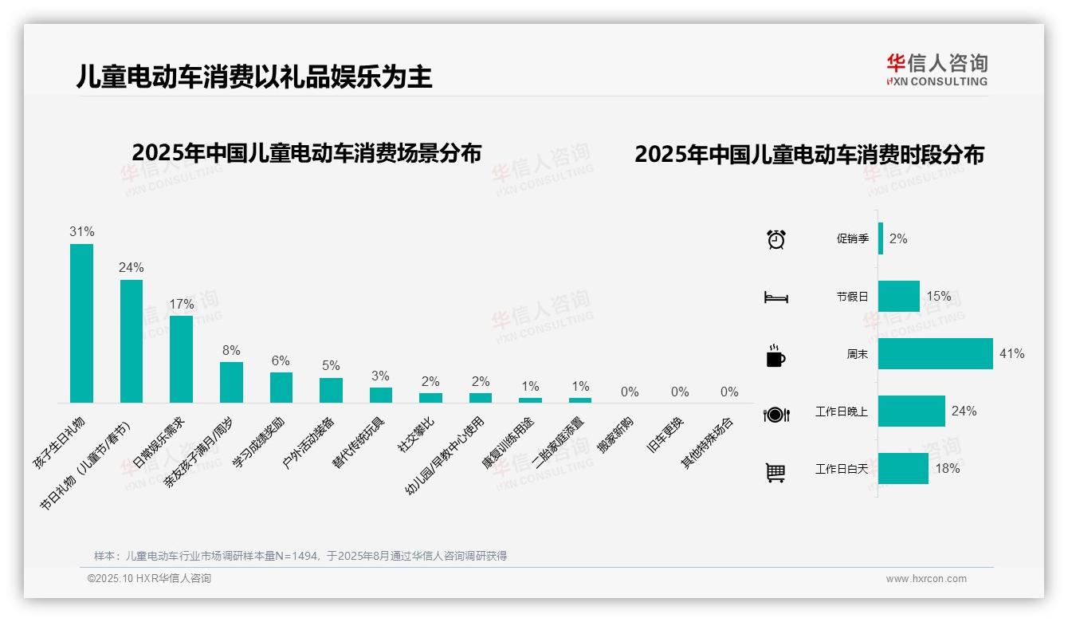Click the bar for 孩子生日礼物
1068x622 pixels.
click(x=81, y=323)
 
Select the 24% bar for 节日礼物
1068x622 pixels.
click(x=132, y=341)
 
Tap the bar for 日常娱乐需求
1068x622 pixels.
click(x=181, y=359)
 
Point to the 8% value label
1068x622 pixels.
click(x=231, y=350)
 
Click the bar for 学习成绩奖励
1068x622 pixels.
click(x=281, y=387)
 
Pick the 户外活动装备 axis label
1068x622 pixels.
click(x=310, y=442)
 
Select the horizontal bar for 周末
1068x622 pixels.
click(x=935, y=353)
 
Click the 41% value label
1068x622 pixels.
click(x=1011, y=353)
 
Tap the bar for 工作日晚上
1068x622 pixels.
click(x=911, y=411)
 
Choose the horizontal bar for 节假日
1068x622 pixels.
click(x=898, y=296)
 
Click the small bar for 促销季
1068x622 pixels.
click(x=881, y=238)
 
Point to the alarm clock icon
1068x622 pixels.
click(x=775, y=238)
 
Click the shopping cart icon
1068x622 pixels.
click(x=775, y=473)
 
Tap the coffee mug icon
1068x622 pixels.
click(x=775, y=356)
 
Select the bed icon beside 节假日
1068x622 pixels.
click(x=775, y=297)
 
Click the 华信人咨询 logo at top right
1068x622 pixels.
click(x=936, y=69)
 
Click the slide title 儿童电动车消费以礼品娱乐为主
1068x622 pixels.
click(x=254, y=77)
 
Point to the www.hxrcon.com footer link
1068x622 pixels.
click(x=926, y=579)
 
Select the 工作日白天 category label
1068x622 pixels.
click(x=842, y=469)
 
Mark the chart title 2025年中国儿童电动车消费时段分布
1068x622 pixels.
click(x=809, y=154)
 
